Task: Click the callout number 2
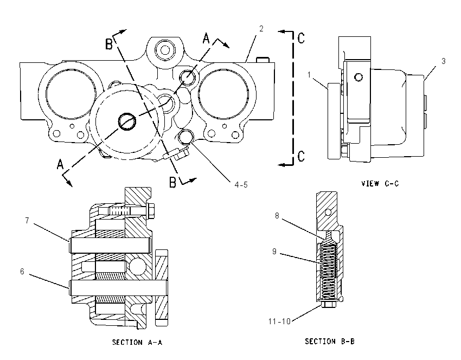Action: pyautogui.click(x=261, y=29)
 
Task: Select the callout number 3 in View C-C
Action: pyautogui.click(x=443, y=61)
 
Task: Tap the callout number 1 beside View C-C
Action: pyautogui.click(x=309, y=75)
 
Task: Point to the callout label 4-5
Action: pyautogui.click(x=241, y=185)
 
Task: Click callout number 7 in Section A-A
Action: pyautogui.click(x=27, y=221)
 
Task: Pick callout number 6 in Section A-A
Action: pyautogui.click(x=22, y=271)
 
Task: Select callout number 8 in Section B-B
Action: pyautogui.click(x=277, y=216)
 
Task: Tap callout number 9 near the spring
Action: pyautogui.click(x=274, y=252)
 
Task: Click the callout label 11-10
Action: pyautogui.click(x=279, y=322)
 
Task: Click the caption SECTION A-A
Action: pyautogui.click(x=137, y=342)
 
